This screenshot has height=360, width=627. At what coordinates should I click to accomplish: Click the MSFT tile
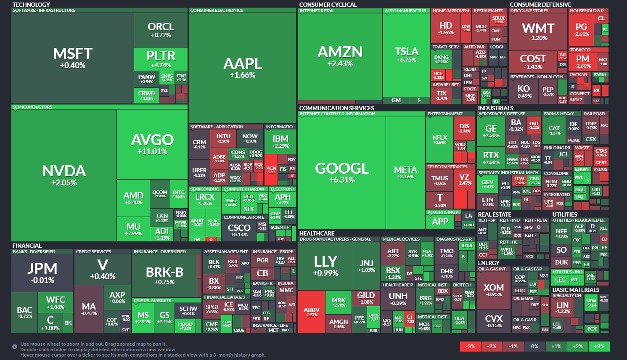[72, 58]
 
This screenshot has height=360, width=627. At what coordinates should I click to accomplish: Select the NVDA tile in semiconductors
[64, 175]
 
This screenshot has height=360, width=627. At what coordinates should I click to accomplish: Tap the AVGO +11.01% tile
[152, 144]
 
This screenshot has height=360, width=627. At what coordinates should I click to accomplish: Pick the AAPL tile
[242, 67]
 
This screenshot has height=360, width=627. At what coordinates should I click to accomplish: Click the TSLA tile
[406, 55]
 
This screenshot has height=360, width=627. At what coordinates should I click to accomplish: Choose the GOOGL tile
[342, 172]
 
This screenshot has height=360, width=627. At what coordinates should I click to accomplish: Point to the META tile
[405, 172]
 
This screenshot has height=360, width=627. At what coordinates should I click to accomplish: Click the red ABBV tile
[312, 312]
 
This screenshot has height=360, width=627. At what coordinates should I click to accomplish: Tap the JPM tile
[42, 273]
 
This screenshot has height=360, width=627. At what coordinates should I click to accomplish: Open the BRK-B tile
[164, 275]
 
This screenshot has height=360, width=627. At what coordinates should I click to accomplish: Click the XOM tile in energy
[493, 290]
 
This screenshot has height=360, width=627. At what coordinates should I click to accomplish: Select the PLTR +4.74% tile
[161, 59]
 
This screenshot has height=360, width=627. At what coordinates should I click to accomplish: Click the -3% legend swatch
[471, 347]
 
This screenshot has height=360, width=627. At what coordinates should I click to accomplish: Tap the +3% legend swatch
[599, 347]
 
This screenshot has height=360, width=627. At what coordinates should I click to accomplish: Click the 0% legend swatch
[534, 347]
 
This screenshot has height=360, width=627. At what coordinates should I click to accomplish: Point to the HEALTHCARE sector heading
[317, 233]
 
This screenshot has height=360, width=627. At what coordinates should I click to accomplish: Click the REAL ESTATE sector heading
[495, 214]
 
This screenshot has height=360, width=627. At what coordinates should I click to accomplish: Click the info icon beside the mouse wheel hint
[15, 347]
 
